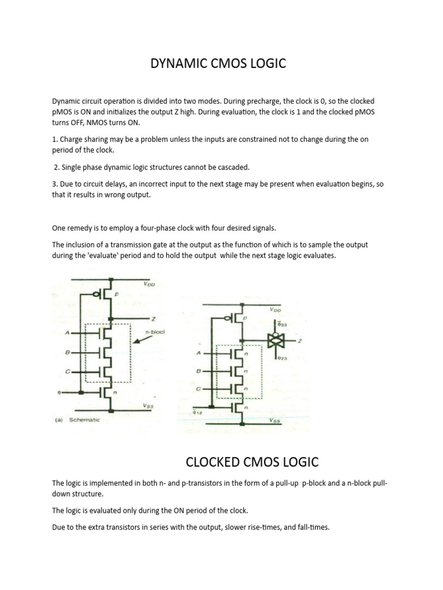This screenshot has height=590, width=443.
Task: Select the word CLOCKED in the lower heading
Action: pos(215,462)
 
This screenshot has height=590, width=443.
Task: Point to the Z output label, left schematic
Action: pos(155,319)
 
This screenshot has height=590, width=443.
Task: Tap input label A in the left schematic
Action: pos(67,332)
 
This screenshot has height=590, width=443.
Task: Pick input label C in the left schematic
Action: pos(67,372)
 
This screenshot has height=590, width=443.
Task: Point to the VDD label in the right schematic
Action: pos(276,310)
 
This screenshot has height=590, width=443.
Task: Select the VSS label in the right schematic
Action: pos(275,421)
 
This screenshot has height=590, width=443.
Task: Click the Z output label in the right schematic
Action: pos(301,341)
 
